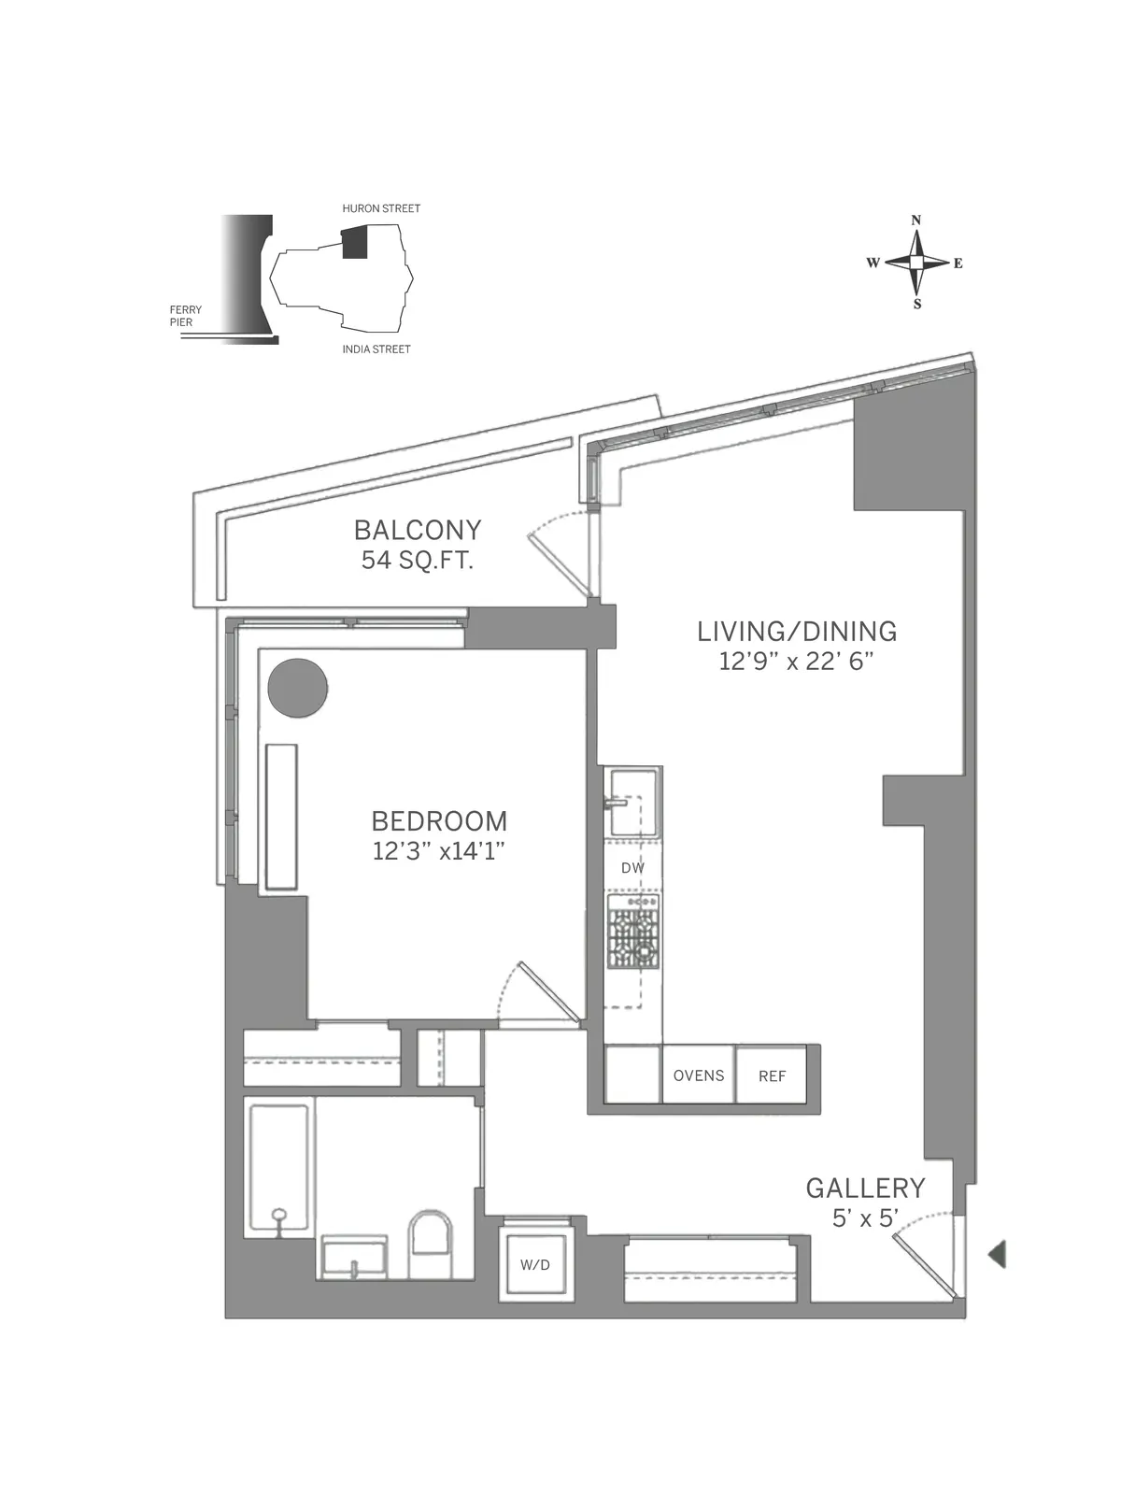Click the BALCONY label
point(417,530)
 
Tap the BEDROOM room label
point(439,820)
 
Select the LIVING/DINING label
point(797,631)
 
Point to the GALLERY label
point(865,1188)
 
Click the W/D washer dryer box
point(534,1264)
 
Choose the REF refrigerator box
point(772,1075)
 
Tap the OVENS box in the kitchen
point(699,1075)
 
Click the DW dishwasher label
point(632,868)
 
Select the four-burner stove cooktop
point(634,932)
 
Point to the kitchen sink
point(632,802)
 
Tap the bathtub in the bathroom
point(278,1169)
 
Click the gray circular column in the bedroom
point(298,688)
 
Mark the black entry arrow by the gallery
point(997,1253)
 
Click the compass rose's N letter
point(916,221)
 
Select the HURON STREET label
point(381,208)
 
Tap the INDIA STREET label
point(376,349)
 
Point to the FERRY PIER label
point(185,316)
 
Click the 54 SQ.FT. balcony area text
point(417,561)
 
